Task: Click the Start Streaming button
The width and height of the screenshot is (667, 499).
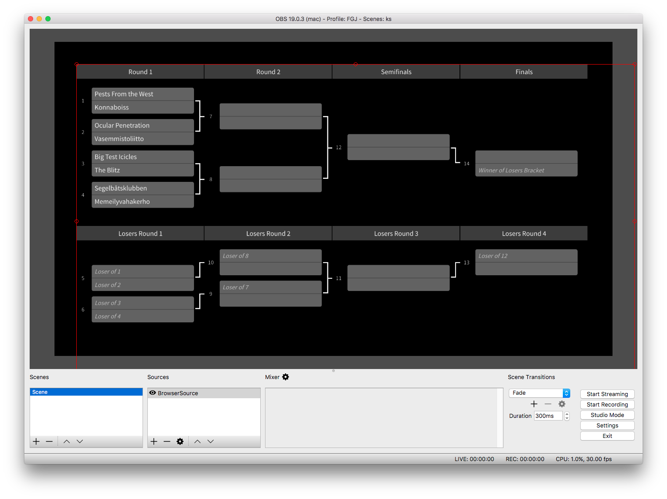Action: tap(607, 394)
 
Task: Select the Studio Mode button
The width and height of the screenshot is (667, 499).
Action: tap(607, 415)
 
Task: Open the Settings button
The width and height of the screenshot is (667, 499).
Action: tap(607, 425)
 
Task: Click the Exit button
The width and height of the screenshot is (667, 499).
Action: tap(607, 436)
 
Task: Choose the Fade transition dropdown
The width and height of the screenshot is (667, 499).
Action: tap(539, 393)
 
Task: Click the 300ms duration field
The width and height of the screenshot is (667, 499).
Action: tap(548, 416)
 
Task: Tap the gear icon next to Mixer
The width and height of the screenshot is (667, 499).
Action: tap(286, 377)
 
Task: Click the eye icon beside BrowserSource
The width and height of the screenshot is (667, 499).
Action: tap(153, 393)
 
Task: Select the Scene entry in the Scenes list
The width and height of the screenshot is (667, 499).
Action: tap(86, 392)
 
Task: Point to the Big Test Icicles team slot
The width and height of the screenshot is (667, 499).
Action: tap(143, 157)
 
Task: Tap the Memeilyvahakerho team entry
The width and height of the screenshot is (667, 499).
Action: tap(143, 202)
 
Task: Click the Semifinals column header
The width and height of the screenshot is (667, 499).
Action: tap(396, 72)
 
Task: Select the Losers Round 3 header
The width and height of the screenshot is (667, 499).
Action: tap(396, 234)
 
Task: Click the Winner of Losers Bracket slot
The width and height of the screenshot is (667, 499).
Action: tap(526, 170)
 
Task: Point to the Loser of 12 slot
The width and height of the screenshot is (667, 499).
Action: tap(526, 256)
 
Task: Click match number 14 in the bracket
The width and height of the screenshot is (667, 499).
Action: tap(466, 164)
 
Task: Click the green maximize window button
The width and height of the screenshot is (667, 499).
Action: tap(48, 19)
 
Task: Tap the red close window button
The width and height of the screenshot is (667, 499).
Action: tap(31, 19)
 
